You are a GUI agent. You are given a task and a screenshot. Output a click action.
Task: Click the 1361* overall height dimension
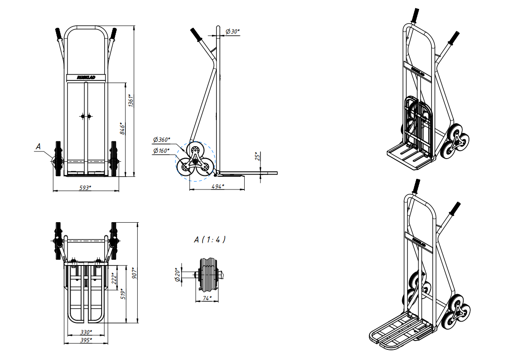coord(131,101)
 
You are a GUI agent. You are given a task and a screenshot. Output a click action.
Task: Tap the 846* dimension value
coord(123,129)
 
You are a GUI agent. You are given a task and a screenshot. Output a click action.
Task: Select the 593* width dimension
coord(85,187)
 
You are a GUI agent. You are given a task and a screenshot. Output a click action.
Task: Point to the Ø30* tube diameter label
coord(233,31)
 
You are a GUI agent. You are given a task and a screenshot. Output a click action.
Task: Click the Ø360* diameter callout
coord(161,140)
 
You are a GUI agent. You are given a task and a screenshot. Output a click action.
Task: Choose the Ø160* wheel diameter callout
coord(161,151)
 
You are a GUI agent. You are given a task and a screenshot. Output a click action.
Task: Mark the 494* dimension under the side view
coord(218,186)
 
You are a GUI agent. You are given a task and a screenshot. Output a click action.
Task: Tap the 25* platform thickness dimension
coord(257,156)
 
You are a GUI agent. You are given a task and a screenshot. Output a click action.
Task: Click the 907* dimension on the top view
coord(135,273)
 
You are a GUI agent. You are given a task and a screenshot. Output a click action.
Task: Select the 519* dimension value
coord(123,294)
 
